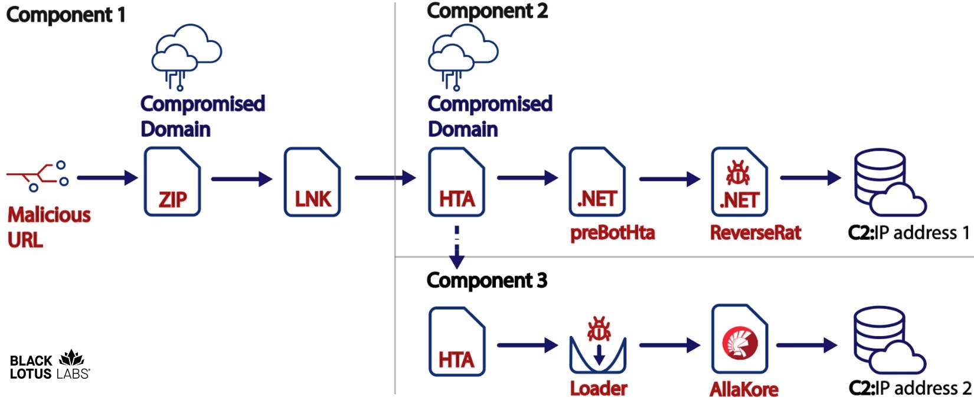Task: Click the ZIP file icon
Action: tap(172, 181)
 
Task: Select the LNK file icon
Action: tap(312, 181)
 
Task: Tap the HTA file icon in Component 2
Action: tap(456, 181)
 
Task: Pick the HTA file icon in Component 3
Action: tap(457, 342)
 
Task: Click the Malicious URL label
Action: tap(49, 227)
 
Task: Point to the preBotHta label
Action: tap(612, 233)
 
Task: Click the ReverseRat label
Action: tap(755, 233)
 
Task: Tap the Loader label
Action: tap(599, 389)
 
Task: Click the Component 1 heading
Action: tap(66, 15)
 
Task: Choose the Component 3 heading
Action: tap(487, 280)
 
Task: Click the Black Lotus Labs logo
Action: tap(50, 365)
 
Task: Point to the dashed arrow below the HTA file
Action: tap(456, 247)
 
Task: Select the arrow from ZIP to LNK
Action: tap(242, 179)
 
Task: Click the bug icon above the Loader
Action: tap(599, 329)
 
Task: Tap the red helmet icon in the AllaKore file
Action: tap(740, 343)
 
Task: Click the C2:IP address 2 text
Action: tap(910, 388)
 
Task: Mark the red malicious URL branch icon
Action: tap(37, 176)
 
